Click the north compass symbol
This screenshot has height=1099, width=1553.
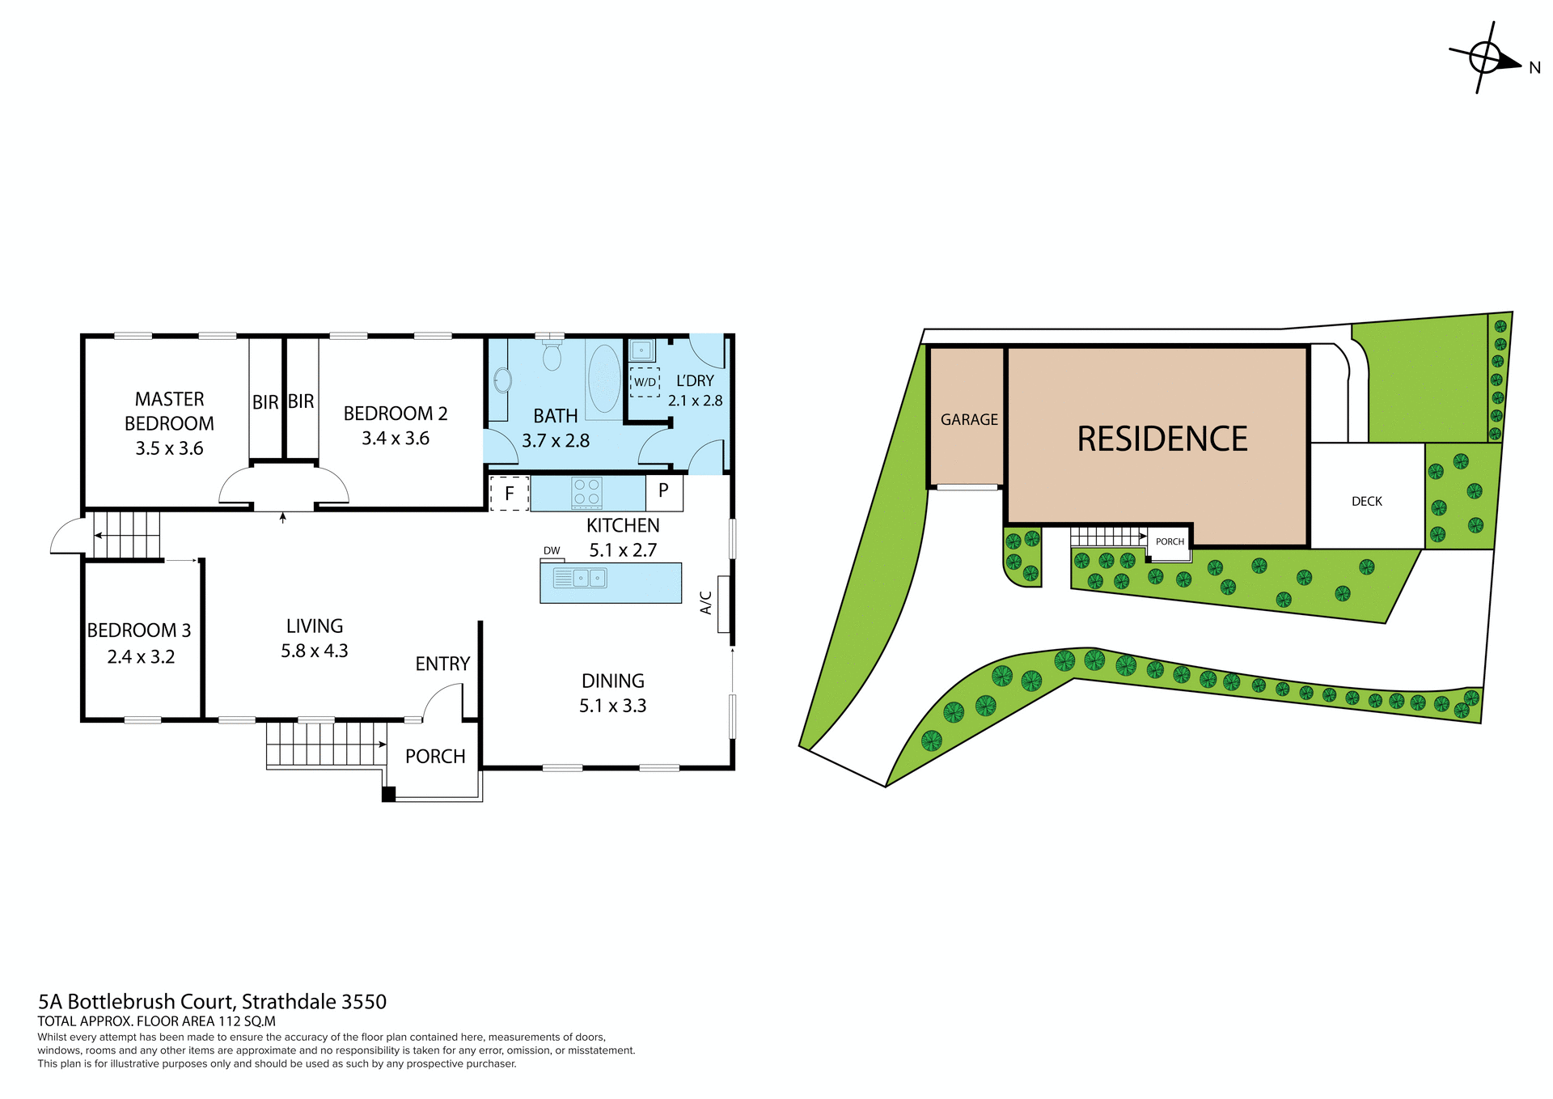tap(1486, 58)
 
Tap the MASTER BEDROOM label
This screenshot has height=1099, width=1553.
tap(169, 411)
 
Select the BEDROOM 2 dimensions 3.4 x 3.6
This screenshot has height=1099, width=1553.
tap(395, 439)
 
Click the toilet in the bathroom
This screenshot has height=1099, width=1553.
tap(552, 354)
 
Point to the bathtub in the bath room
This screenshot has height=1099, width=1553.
tap(603, 379)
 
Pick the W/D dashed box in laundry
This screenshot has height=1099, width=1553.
tap(645, 382)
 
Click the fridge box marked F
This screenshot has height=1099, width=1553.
tap(510, 493)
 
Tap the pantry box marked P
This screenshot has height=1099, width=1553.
tap(663, 490)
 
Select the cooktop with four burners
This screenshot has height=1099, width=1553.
tap(587, 491)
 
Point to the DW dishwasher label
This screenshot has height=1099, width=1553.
tap(552, 550)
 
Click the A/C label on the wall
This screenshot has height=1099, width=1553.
tap(706, 603)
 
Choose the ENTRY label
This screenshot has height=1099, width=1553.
tap(442, 664)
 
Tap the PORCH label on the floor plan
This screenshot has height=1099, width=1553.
tap(435, 757)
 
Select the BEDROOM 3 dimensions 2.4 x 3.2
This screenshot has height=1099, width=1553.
tap(141, 657)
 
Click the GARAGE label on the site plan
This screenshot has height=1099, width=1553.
tap(969, 420)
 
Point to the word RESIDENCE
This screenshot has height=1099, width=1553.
tap(1162, 439)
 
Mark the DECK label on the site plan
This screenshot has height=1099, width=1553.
tap(1367, 502)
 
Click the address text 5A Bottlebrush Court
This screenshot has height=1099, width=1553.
tap(212, 1002)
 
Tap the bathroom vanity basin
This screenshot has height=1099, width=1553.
tap(501, 380)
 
